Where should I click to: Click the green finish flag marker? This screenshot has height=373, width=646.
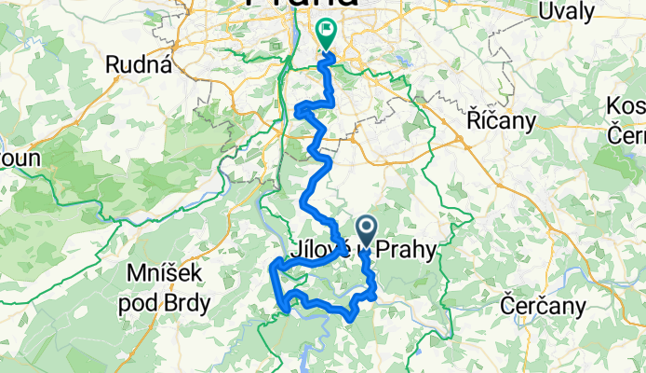tap(327, 35)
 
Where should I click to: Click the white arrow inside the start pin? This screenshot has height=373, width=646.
tap(366, 228)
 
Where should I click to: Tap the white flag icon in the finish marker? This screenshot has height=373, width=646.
tap(327, 31)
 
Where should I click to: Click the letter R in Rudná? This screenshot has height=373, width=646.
tap(114, 64)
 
